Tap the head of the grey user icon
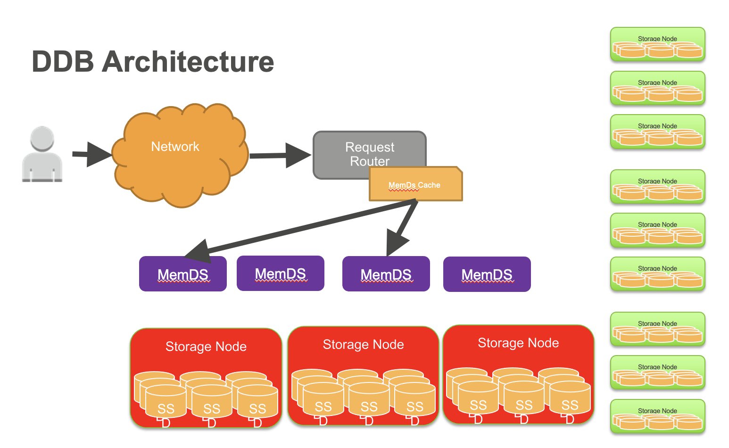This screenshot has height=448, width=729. [x=42, y=139]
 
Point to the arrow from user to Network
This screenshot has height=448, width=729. [x=92, y=154]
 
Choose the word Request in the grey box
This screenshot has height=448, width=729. [x=370, y=147]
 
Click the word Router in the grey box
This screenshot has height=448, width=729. [x=370, y=161]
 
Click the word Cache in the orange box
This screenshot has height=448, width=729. [x=429, y=185]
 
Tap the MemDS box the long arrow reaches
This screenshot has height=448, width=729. [x=183, y=274]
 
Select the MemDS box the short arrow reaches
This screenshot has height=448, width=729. [x=386, y=274]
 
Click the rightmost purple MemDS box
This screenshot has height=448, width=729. [x=487, y=274]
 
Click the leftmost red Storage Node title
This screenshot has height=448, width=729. [x=206, y=347]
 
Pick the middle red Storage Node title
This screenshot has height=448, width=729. [x=363, y=345]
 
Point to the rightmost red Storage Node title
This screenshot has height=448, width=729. [x=518, y=343]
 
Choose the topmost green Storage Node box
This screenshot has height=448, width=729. [x=657, y=44]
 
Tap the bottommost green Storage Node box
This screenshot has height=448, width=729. [x=657, y=416]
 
